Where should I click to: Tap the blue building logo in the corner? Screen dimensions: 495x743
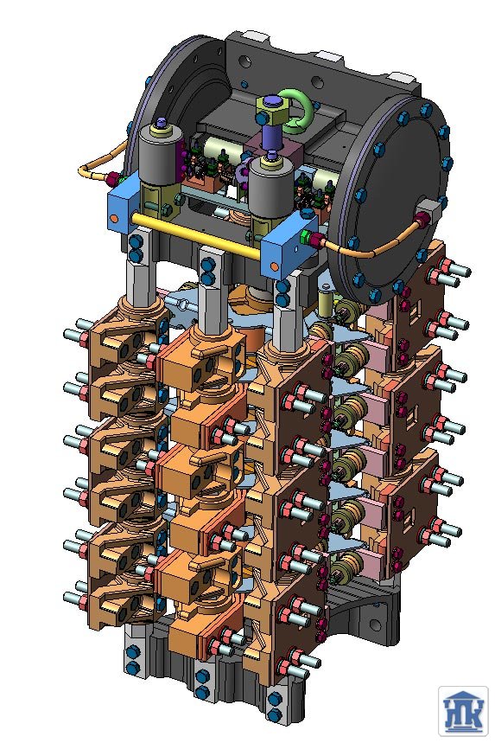pyautogui.click(x=463, y=711)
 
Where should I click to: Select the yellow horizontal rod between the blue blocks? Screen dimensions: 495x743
pyautogui.click(x=196, y=235)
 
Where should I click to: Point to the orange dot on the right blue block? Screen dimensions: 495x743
pyautogui.click(x=274, y=266)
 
